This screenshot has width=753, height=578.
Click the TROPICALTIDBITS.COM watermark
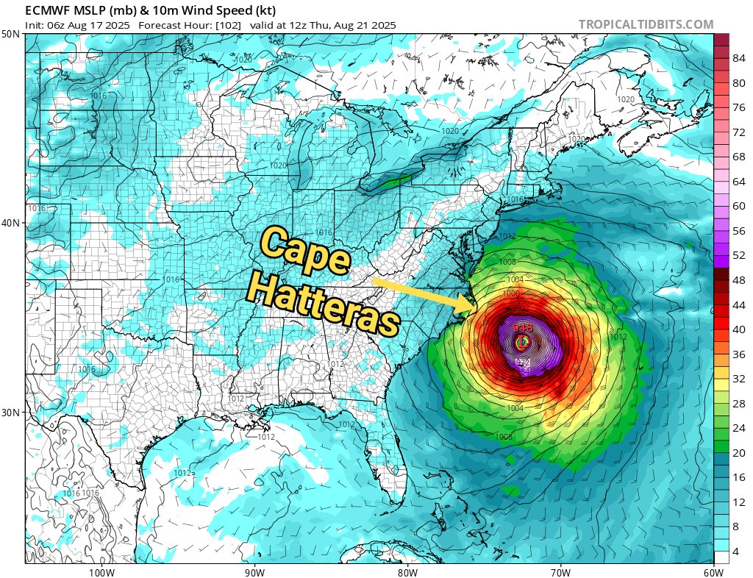click(x=646, y=24)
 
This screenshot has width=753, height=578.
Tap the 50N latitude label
click(x=11, y=34)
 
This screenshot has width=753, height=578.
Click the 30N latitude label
click(x=11, y=413)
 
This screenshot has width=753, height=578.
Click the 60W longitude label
click(x=713, y=571)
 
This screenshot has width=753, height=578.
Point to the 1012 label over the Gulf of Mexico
click(x=265, y=437)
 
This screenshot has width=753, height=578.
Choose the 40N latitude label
click(x=11, y=223)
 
